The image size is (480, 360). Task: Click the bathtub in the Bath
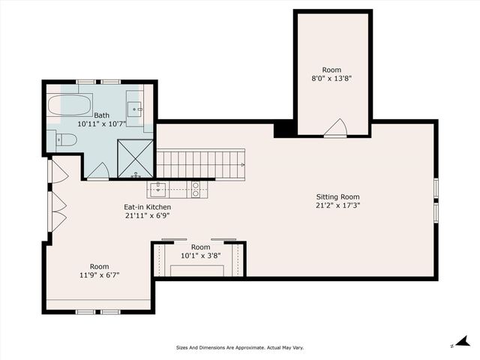70,104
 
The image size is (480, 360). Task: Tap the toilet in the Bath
66,139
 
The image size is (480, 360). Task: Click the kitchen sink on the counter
158,188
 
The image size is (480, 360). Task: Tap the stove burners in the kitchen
196,189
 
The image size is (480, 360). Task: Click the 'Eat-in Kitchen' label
148,207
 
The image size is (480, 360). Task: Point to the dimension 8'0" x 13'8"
331,77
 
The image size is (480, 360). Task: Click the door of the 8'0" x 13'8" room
335,128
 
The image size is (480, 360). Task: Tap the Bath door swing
98,171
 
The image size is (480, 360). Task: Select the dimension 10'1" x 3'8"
200,255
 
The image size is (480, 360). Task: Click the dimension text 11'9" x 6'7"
100,274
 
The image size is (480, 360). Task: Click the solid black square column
284,128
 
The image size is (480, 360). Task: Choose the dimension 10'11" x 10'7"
102,123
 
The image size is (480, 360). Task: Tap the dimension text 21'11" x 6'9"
148,215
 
